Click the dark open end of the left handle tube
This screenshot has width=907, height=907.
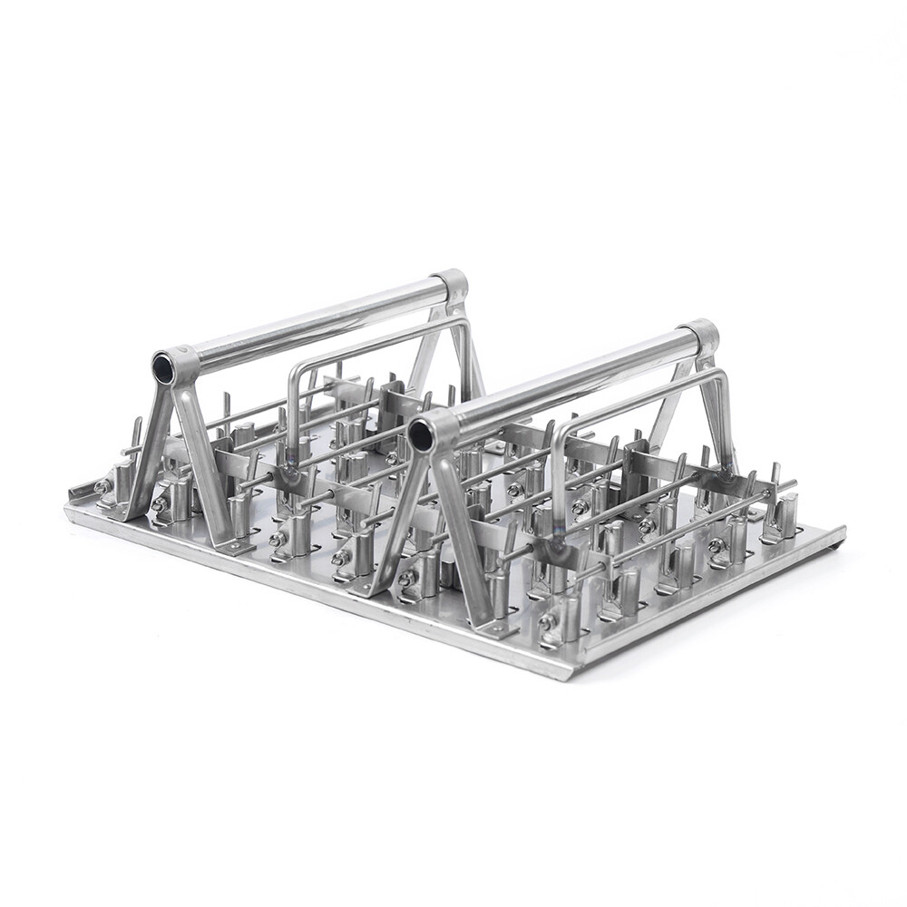(164, 367)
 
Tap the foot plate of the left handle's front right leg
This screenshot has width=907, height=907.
(238, 546)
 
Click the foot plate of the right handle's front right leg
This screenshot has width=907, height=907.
(497, 627)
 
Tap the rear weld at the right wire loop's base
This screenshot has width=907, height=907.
(725, 472)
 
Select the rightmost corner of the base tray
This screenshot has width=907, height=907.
(842, 535)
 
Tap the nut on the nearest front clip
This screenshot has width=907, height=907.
(547, 622)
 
